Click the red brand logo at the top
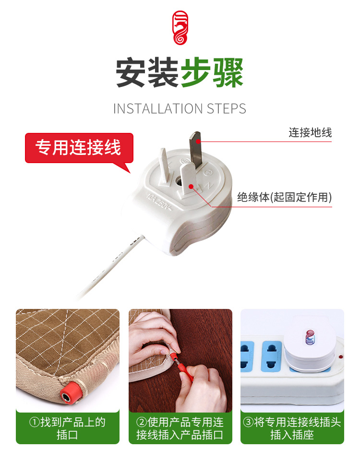180,28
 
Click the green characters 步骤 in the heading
212,73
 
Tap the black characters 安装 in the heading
147,73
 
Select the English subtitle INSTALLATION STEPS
180,108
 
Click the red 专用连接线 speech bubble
79,148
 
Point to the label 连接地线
310,132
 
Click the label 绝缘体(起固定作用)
285,197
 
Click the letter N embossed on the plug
208,186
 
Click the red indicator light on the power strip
341,356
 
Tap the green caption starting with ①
67,428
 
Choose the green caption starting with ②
180,428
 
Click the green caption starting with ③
292,428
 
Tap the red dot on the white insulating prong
191,187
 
